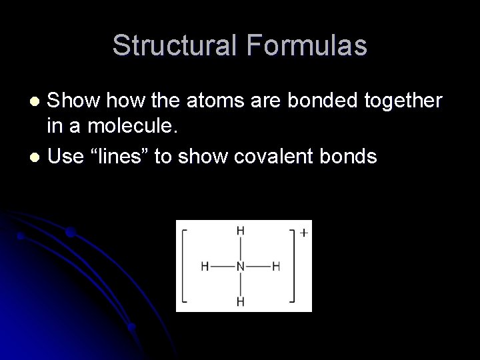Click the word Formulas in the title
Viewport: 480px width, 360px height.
tap(308, 45)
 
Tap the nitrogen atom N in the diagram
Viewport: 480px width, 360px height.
tap(241, 266)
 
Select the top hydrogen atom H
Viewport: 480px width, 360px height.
tap(241, 231)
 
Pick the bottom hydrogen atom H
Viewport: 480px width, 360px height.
tap(241, 302)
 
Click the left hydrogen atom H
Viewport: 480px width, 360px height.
tap(205, 266)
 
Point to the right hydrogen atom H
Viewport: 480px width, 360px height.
tap(276, 266)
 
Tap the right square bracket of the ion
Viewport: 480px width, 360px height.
tap(293, 266)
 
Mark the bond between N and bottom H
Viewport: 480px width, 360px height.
tap(241, 284)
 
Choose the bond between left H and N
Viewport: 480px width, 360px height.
tap(223, 266)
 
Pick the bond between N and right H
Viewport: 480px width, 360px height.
tap(259, 266)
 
